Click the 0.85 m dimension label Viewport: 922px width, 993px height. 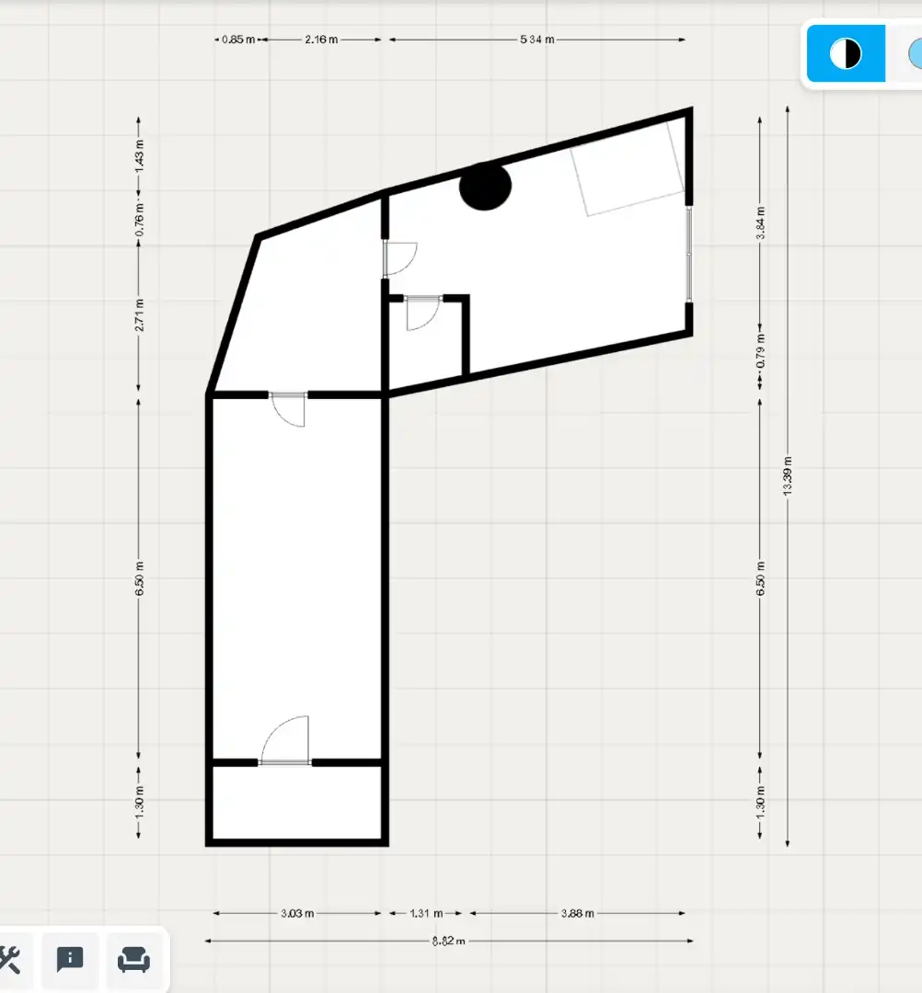pos(238,40)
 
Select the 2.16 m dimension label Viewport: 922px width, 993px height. pos(321,40)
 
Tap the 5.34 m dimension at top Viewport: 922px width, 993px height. pos(537,40)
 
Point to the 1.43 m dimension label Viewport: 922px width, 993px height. pos(140,154)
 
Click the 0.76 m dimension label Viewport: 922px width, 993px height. pos(140,219)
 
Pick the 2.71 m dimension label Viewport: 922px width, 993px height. pos(140,314)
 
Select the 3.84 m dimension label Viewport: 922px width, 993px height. pos(760,223)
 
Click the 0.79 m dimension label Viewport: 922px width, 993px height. pos(760,351)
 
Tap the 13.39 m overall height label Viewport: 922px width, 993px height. pos(788,475)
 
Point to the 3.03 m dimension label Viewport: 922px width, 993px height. pos(297,913)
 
